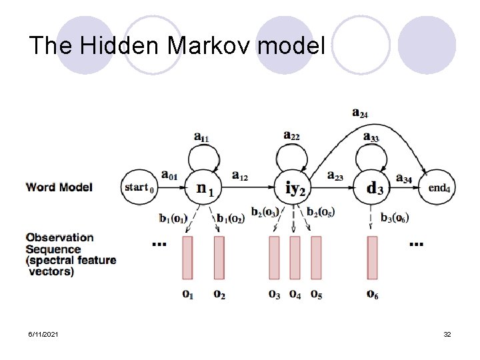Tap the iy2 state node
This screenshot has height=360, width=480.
click(295, 188)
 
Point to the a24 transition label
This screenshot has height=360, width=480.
click(360, 113)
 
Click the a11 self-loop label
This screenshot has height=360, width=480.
click(201, 137)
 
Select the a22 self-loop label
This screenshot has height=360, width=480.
click(291, 136)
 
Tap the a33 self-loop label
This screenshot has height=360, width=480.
click(371, 137)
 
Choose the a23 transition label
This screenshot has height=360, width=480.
click(335, 176)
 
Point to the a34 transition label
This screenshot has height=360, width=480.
click(404, 177)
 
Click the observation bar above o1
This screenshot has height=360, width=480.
click(187, 257)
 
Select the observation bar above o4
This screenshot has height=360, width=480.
click(295, 257)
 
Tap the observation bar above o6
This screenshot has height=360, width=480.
click(372, 257)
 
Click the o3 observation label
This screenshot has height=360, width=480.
click(274, 293)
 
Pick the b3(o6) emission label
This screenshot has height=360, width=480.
click(395, 217)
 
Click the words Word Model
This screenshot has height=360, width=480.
click(59, 187)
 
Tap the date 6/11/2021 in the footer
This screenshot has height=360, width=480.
click(43, 333)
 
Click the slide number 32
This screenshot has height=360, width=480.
click(447, 333)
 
